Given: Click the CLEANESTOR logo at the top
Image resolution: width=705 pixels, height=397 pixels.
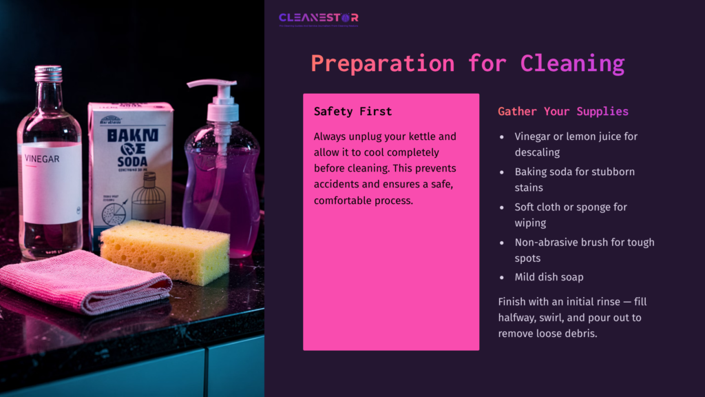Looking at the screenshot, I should click(318, 18).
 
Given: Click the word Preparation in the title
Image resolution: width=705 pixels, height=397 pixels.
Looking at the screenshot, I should click(382, 63).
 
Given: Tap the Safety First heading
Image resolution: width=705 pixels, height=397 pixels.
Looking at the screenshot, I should click(352, 111).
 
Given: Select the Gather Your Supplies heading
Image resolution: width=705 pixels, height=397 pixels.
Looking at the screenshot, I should click(562, 111).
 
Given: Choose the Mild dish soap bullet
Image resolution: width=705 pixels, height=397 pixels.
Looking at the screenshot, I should click(549, 277).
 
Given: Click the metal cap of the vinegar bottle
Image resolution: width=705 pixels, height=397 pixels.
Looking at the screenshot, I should click(48, 74).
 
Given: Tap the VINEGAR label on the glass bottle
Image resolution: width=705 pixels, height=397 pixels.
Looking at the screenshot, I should click(43, 159).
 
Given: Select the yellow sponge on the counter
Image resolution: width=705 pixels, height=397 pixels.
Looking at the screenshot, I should click(165, 251).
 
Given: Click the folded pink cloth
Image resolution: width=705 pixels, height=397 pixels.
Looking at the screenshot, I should click(83, 280).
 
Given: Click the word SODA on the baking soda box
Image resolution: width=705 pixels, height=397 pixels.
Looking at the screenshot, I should click(129, 147).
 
